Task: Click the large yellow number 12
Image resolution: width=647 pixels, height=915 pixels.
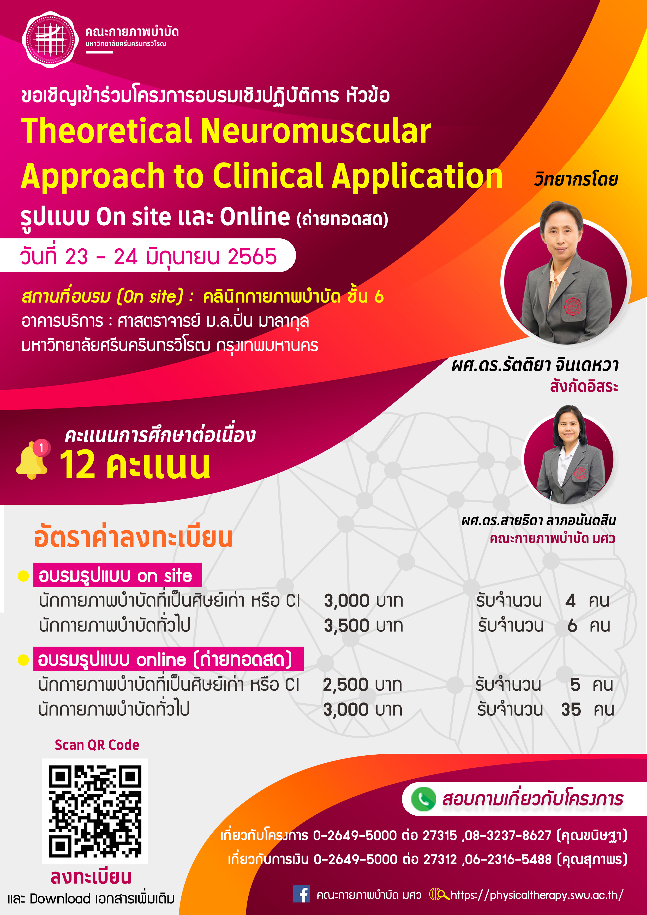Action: pyautogui.click(x=78, y=465)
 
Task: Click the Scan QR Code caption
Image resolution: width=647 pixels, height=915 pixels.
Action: pyautogui.click(x=97, y=745)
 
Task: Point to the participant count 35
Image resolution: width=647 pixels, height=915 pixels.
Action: pyautogui.click(x=571, y=710)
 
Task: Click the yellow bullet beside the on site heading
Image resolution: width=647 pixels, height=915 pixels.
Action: pyautogui.click(x=23, y=576)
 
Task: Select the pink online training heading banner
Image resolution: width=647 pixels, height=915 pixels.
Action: pyautogui.click(x=168, y=659)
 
